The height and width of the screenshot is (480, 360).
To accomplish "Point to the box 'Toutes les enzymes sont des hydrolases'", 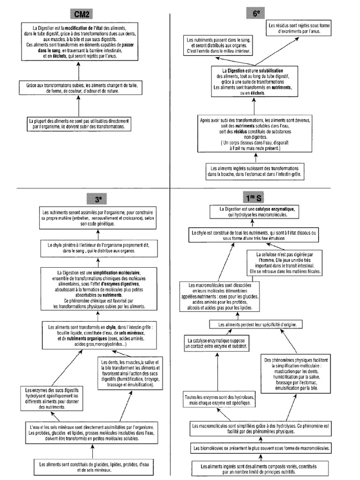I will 219,400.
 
